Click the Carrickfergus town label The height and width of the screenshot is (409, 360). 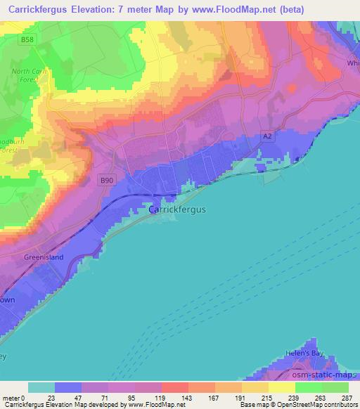click(x=176, y=209)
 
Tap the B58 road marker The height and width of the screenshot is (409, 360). click(x=27, y=40)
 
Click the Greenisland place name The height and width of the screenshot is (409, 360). click(x=44, y=257)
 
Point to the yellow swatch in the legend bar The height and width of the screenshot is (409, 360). click(x=281, y=387)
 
